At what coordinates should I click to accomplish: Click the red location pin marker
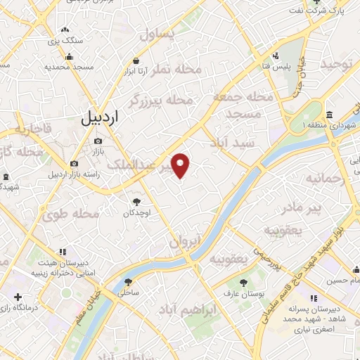click(181, 165)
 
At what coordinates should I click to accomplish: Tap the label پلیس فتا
click(283, 66)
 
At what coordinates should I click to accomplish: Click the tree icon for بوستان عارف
click(243, 282)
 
